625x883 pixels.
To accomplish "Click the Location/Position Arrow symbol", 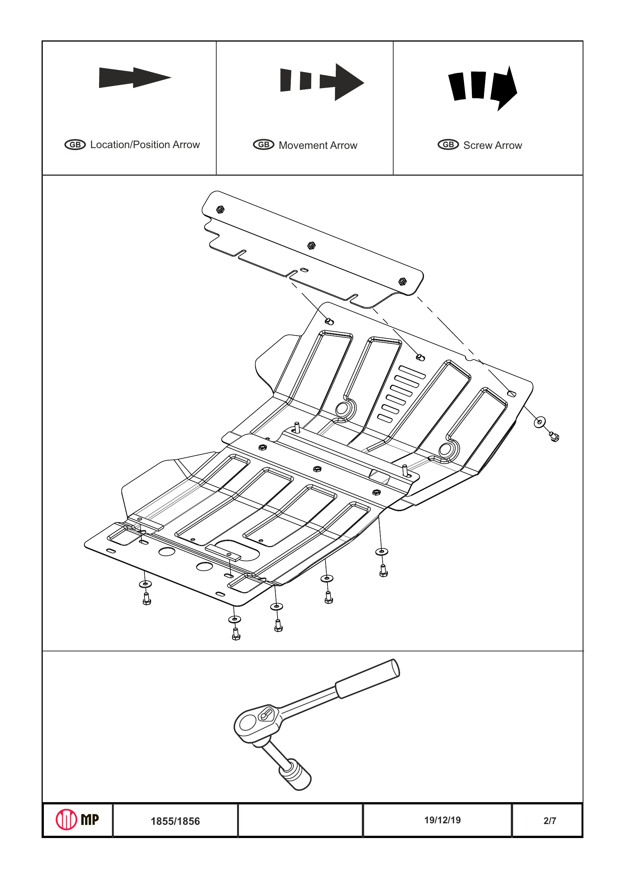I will tap(135, 77).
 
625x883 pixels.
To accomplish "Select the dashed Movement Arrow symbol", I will tap(322, 82).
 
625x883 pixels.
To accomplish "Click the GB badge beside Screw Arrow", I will tap(448, 145).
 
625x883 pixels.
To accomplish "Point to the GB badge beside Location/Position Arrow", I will tap(75, 145).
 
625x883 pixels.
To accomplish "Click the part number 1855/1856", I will tap(175, 821).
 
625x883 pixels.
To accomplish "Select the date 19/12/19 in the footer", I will tap(442, 820).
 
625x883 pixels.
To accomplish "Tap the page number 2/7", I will tap(550, 821).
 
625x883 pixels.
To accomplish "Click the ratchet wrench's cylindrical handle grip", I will tap(368, 679).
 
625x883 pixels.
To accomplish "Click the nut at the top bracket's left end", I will tap(220, 210).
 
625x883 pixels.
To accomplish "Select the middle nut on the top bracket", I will tap(311, 245).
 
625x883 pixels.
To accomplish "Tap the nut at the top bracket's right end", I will tap(403, 281).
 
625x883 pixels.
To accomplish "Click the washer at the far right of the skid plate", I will tap(540, 422).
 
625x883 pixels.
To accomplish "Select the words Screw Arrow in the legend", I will tap(492, 145).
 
